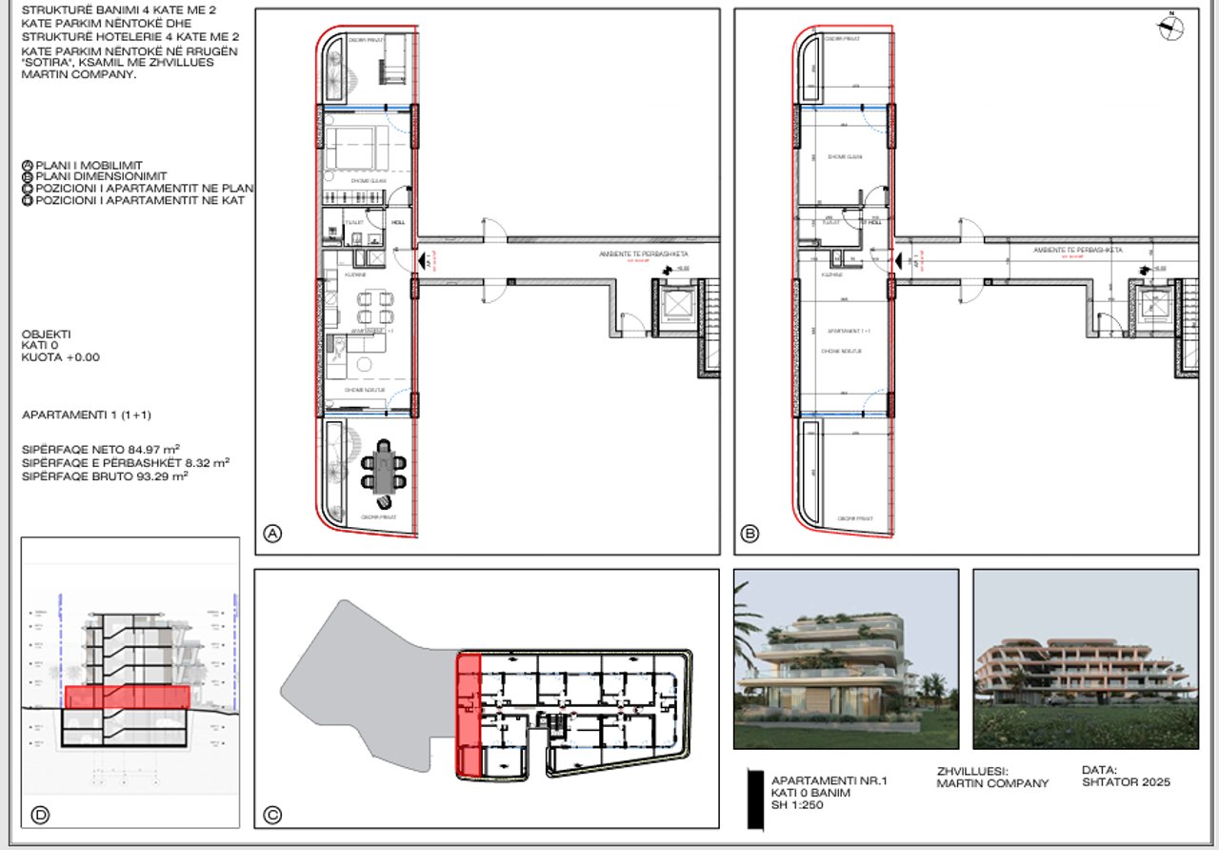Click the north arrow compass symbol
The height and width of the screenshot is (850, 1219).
pos(1171,28)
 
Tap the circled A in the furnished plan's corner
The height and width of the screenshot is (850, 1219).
pos(273,535)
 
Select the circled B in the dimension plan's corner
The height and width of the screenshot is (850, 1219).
pos(749,535)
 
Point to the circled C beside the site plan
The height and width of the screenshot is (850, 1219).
pos(273,815)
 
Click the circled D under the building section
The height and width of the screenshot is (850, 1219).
pos(40,815)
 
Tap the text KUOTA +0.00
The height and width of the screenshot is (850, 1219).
pos(60,358)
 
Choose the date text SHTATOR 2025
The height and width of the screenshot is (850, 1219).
pos(1126,782)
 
